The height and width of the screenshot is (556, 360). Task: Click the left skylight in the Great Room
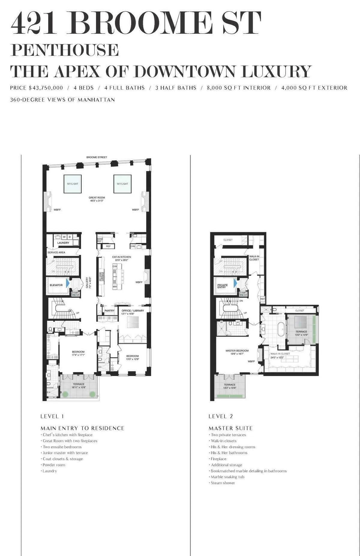(72, 184)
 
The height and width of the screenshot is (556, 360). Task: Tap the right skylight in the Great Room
(122, 184)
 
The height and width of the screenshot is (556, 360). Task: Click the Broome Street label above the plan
(97, 157)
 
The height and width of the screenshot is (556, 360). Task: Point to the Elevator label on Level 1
(56, 285)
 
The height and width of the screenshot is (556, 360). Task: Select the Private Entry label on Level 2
(223, 286)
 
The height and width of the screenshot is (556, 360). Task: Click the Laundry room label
(63, 243)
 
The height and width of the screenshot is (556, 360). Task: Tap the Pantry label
(109, 311)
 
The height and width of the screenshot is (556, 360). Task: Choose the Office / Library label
(133, 311)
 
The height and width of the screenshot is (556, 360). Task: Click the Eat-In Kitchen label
(121, 257)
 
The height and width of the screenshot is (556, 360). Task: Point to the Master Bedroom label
(237, 351)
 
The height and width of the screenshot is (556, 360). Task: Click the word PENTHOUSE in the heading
(64, 50)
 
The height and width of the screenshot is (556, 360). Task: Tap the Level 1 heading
(52, 416)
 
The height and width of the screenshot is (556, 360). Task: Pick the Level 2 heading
(220, 416)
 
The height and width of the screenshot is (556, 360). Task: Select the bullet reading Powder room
(54, 465)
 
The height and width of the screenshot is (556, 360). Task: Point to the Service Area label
(56, 253)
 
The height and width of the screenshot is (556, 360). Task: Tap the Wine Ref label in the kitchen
(100, 240)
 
